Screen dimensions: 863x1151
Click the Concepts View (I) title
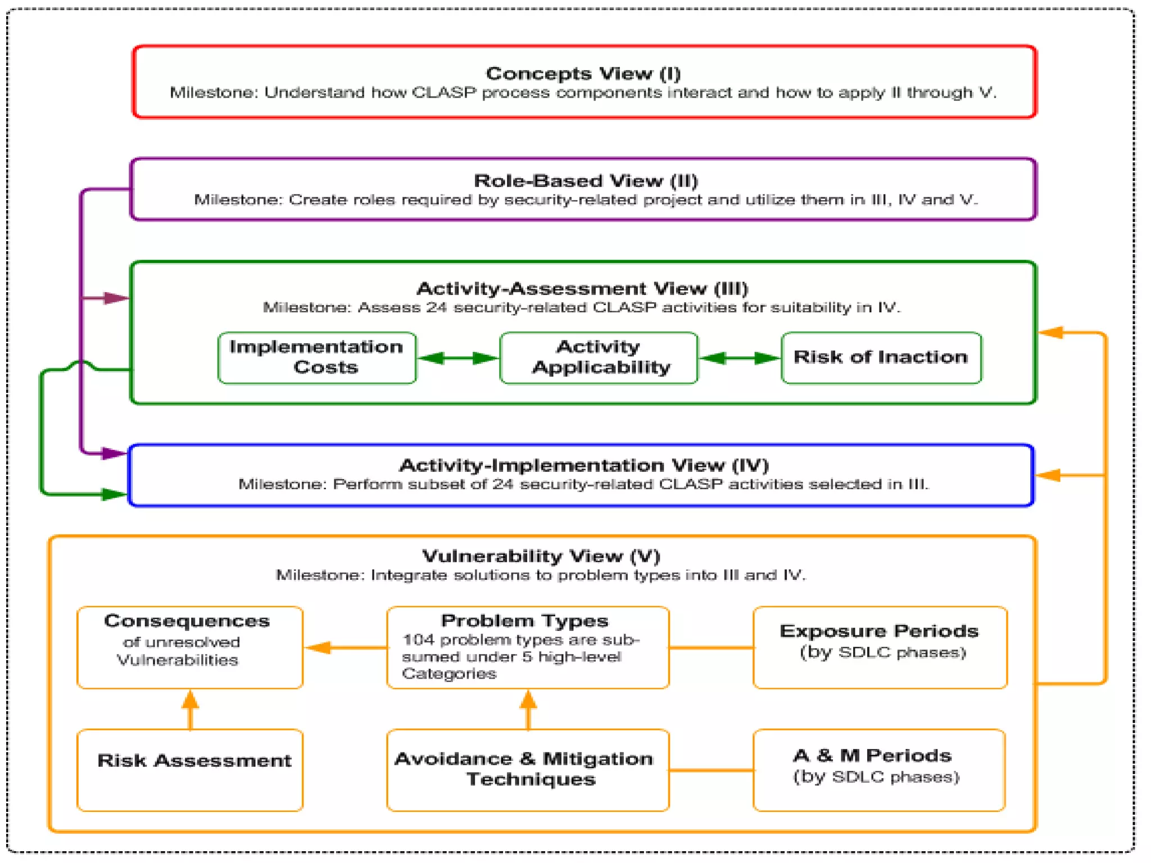(583, 74)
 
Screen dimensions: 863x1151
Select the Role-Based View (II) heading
(586, 181)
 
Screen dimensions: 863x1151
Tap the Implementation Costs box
(317, 358)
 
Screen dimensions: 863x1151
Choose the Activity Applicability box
(599, 358)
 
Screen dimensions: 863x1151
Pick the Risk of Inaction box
(881, 358)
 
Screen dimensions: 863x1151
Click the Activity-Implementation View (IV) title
(583, 466)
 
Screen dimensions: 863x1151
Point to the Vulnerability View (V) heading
(541, 556)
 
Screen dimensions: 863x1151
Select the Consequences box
(190, 647)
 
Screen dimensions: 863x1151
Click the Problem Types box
(528, 647)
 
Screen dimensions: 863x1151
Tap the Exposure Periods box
(880, 647)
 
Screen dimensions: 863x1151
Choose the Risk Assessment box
(190, 770)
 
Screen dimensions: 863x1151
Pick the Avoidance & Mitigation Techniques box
(528, 770)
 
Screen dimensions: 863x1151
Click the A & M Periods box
(878, 770)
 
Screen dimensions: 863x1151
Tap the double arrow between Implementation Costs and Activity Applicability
(458, 358)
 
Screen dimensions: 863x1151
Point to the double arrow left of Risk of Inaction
(740, 358)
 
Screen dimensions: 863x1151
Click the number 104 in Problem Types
(418, 640)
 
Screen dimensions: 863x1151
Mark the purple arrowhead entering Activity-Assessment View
(116, 298)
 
